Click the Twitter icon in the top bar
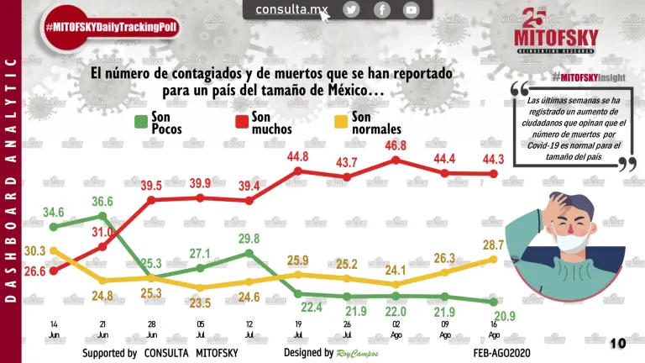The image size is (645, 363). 351,10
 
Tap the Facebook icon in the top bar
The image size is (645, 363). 381,10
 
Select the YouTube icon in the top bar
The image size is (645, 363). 411,10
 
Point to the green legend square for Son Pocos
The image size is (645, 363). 141,123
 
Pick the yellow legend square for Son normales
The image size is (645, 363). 342,123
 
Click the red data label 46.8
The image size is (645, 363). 396,145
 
